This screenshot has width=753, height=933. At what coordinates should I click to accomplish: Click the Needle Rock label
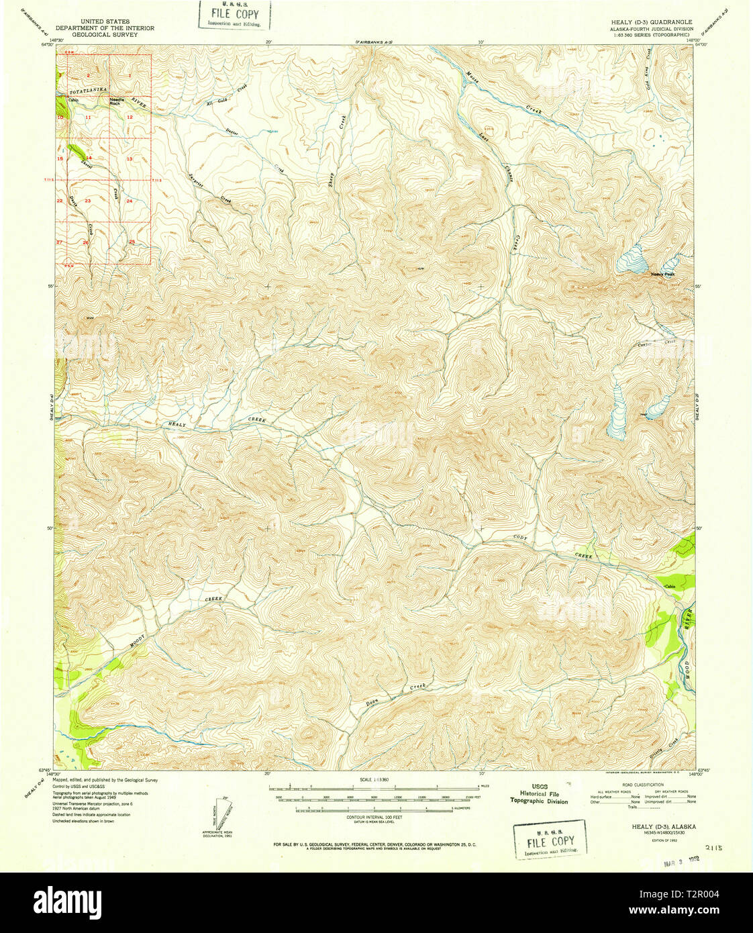click(x=116, y=102)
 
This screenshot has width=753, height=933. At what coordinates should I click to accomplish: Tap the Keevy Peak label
click(x=662, y=274)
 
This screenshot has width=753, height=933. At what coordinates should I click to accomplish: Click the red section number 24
click(x=130, y=201)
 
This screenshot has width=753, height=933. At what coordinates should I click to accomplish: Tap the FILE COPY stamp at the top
click(x=234, y=15)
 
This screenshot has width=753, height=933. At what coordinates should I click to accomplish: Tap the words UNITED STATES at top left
click(x=105, y=21)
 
